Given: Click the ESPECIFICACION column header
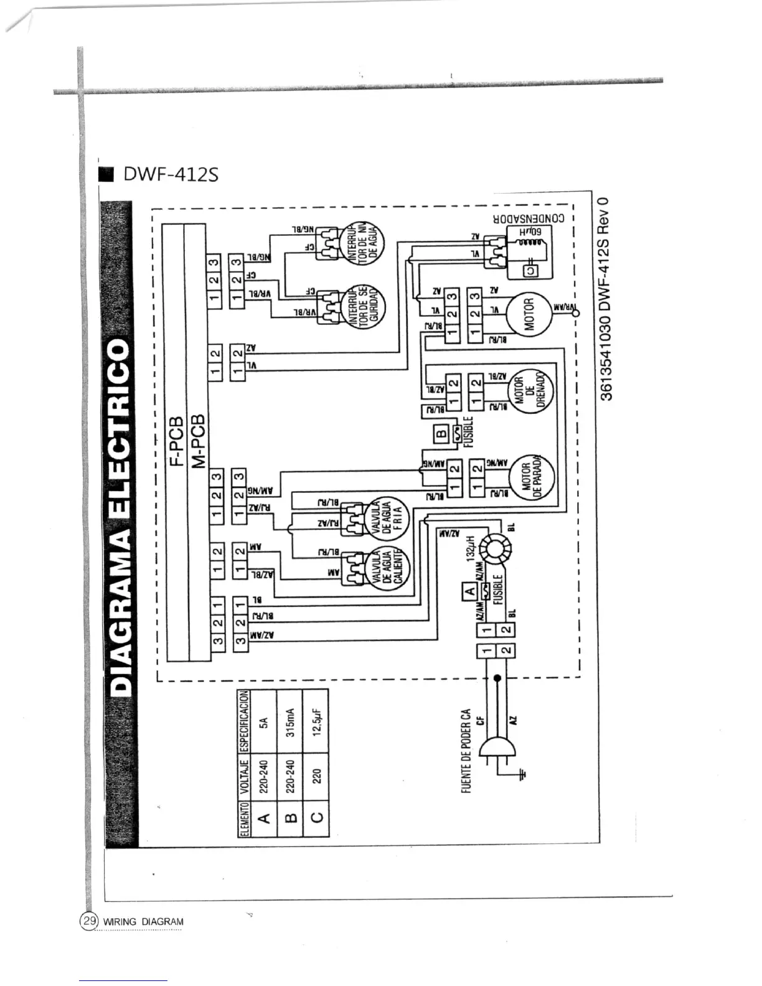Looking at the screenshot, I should coord(244,721).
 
